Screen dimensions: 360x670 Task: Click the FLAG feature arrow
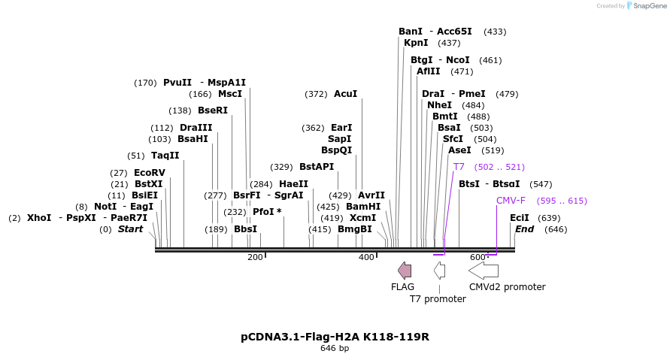(405, 271)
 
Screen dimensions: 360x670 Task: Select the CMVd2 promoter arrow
(484, 271)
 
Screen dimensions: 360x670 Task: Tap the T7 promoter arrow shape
(439, 271)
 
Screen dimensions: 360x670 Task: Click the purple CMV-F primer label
(511, 201)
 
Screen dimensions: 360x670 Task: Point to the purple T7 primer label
(459, 167)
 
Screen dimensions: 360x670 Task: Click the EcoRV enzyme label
(149, 173)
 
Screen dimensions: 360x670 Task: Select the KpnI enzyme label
(416, 43)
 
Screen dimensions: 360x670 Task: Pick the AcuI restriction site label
(345, 94)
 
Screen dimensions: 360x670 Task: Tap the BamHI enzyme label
(363, 207)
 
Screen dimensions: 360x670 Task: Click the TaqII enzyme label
(165, 156)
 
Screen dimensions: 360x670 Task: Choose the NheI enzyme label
(439, 105)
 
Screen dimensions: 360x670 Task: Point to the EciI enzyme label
(520, 218)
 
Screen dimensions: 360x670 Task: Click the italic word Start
(130, 229)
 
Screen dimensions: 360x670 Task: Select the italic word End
(524, 229)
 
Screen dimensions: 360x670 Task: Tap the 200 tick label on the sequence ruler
(255, 257)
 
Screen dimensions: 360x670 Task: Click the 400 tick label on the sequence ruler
(366, 257)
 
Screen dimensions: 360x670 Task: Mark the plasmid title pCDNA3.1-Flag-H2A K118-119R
(335, 337)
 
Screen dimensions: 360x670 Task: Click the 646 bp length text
(335, 348)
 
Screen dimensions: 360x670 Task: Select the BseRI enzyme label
(212, 110)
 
